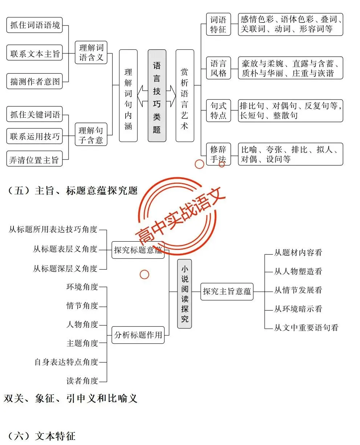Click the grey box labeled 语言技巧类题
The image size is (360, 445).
click(x=157, y=96)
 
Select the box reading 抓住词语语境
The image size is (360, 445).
click(x=34, y=25)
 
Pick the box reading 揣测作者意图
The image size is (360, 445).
click(x=34, y=81)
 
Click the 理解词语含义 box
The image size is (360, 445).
click(x=91, y=52)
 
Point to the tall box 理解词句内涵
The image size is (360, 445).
click(x=128, y=96)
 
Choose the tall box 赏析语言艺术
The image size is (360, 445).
click(x=185, y=96)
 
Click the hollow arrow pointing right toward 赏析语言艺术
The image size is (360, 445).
click(x=171, y=96)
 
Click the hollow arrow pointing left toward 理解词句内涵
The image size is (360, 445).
click(x=143, y=96)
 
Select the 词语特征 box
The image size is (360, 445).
click(x=218, y=24)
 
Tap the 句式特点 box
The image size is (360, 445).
click(x=218, y=111)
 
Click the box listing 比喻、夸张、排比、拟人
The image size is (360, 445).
click(x=291, y=154)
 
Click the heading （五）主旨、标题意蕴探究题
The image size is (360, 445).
click(x=73, y=191)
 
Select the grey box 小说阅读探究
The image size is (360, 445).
click(x=184, y=294)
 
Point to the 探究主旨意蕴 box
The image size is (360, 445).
click(x=227, y=292)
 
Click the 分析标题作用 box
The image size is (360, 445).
click(x=138, y=335)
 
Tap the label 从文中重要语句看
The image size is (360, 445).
click(x=306, y=327)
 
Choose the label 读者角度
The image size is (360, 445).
click(x=82, y=381)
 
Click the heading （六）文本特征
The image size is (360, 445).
click(x=41, y=436)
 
